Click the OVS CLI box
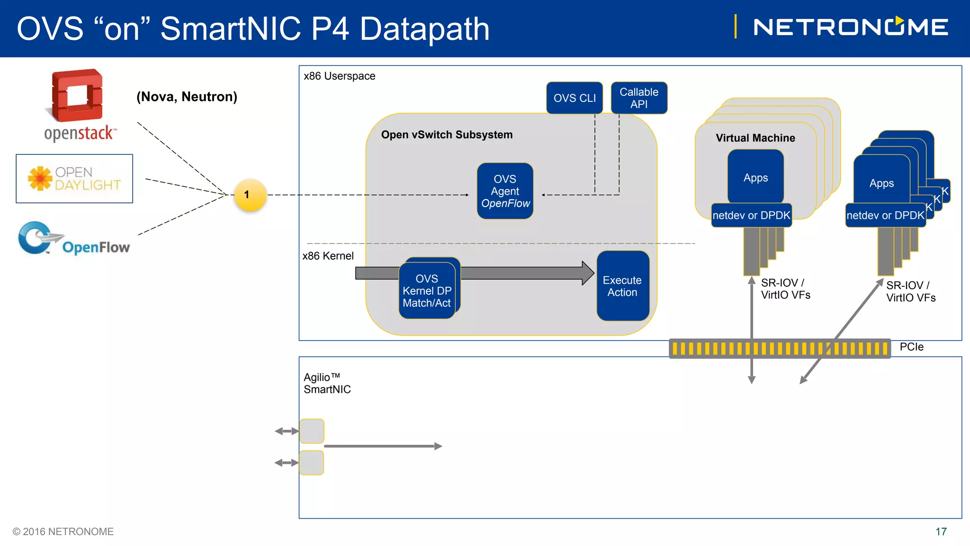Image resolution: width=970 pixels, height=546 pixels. coord(575,98)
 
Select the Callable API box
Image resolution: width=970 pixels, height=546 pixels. coord(639,98)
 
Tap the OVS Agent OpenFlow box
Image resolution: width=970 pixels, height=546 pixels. coord(505,191)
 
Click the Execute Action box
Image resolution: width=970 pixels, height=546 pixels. coord(623,286)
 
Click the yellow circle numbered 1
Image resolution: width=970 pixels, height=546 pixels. coord(251,195)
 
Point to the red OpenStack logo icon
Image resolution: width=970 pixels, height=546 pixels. coord(75,95)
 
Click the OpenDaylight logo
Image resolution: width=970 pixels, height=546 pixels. coord(74,179)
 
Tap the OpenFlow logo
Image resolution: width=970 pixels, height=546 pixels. coord(73,238)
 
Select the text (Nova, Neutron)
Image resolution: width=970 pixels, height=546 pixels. coord(187,97)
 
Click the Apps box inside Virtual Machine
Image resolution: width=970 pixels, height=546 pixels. coord(755,177)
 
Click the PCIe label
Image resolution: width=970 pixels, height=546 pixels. coord(912,346)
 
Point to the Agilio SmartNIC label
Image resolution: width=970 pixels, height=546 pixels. coord(327,383)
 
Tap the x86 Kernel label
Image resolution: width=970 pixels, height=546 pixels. coord(328,256)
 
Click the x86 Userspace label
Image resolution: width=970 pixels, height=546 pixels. coord(340,76)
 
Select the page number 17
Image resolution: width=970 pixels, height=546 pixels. coord(941,532)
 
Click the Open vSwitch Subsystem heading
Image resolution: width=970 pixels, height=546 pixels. coord(447,135)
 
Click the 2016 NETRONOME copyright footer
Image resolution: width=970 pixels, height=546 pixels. coord(63,532)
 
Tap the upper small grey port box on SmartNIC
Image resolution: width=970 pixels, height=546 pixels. coord(312,431)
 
